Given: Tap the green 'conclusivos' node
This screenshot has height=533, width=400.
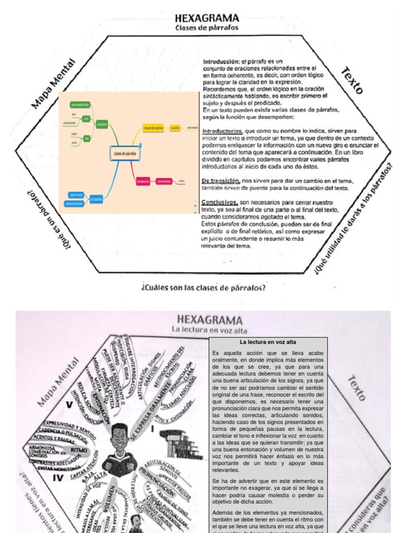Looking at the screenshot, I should click(x=102, y=124).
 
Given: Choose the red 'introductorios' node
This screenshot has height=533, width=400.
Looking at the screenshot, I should click(x=143, y=181).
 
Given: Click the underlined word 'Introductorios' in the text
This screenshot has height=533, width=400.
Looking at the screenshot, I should click(x=222, y=131).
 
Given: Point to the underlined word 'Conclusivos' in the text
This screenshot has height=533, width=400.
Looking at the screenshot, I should click(x=220, y=202).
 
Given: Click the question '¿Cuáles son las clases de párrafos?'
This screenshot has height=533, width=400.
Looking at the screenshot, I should click(x=203, y=287).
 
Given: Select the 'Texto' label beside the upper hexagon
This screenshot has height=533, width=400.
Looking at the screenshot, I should click(x=352, y=81).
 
